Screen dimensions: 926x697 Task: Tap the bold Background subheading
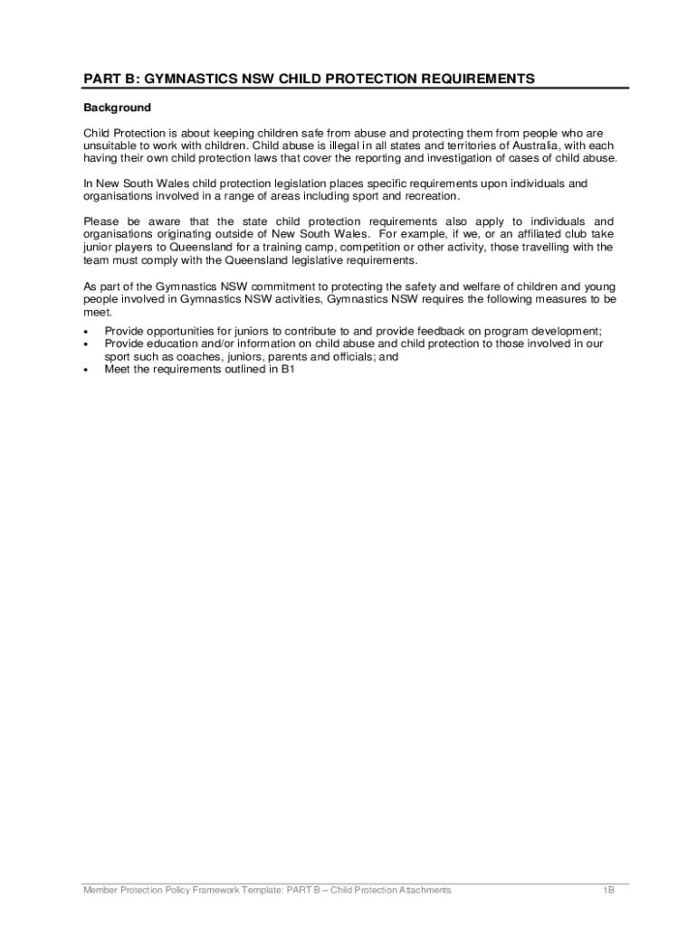pos(117,108)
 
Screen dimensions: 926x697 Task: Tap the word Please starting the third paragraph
pos(102,222)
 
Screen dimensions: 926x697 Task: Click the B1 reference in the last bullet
pos(288,369)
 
